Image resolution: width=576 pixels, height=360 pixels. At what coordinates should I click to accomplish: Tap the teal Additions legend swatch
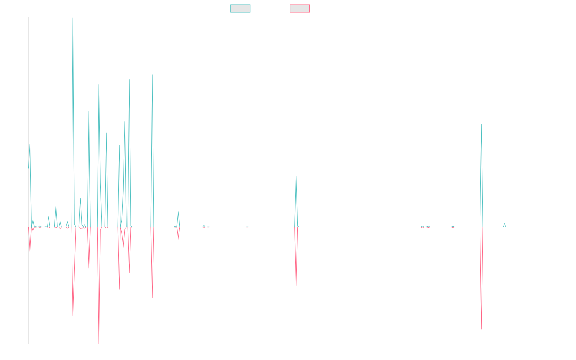click(x=240, y=9)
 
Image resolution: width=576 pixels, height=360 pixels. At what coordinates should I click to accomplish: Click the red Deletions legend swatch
click(x=300, y=9)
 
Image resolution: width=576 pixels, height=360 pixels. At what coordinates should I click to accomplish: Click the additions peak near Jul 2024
click(x=481, y=124)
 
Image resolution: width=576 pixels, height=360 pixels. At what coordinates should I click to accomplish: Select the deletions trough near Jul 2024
click(x=481, y=330)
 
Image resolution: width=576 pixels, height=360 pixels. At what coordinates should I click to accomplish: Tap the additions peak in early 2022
click(x=296, y=176)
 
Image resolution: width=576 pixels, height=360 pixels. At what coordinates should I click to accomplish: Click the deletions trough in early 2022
click(x=296, y=286)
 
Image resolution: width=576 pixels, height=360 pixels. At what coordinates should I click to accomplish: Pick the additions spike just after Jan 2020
click(x=152, y=75)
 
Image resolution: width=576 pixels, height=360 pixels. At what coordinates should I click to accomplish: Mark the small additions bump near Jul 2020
click(x=178, y=212)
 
